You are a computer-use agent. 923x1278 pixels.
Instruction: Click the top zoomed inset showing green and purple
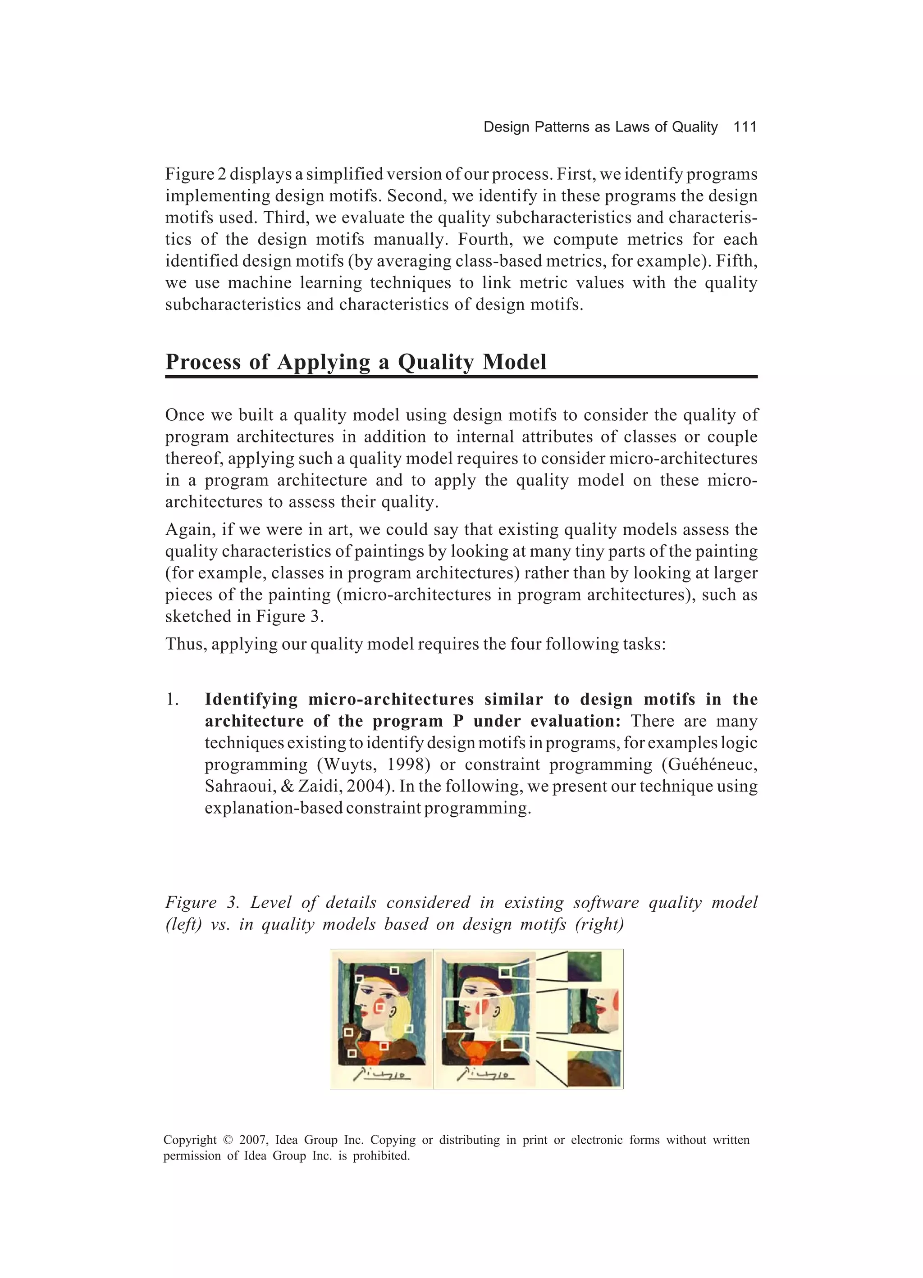[x=584, y=967]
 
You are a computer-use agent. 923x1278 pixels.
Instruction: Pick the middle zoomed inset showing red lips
[x=594, y=1011]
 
